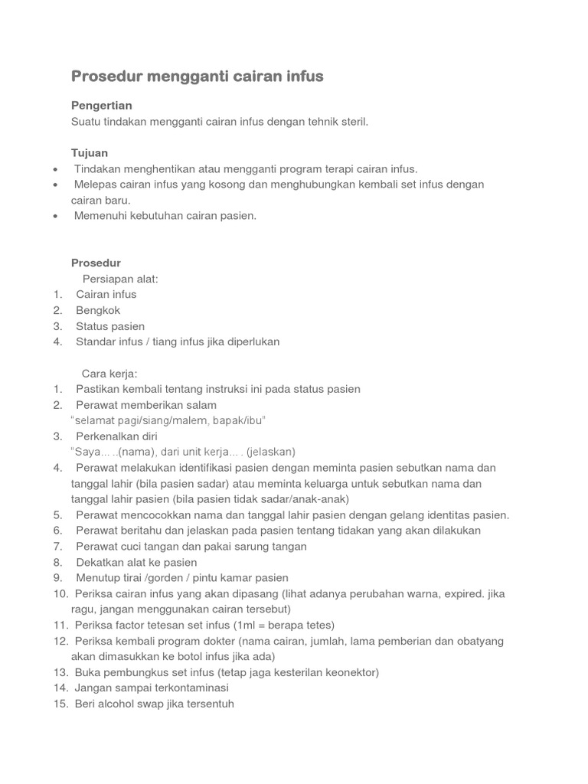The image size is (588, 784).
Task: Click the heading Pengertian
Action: point(102,105)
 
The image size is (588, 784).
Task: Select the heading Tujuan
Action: point(90,153)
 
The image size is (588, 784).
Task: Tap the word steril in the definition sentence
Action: point(354,121)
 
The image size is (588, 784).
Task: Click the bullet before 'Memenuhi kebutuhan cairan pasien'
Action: point(57,216)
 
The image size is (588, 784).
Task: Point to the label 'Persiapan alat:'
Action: point(120,279)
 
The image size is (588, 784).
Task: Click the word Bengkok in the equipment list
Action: point(98,310)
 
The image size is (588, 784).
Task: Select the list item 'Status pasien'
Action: point(110,326)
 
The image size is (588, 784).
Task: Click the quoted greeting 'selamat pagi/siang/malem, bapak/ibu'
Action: point(168,420)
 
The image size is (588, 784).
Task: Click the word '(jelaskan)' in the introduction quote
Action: point(271,452)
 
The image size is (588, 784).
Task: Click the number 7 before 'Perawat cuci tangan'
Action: point(57,546)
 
